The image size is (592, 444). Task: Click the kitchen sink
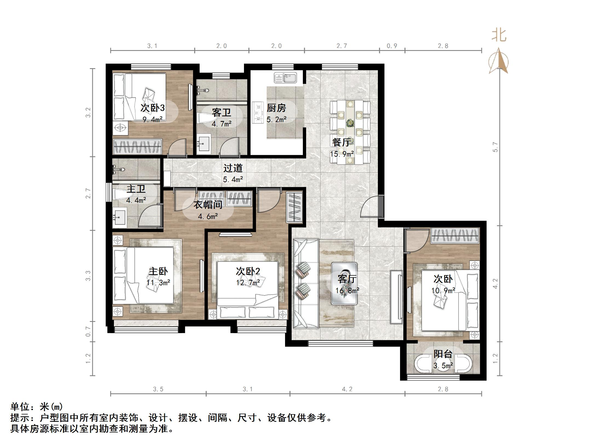tap(285, 78)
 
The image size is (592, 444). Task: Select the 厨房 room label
tap(276, 108)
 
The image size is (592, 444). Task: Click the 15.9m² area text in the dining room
tap(341, 154)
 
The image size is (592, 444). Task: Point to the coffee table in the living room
tap(344, 284)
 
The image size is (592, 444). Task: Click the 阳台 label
tap(443, 354)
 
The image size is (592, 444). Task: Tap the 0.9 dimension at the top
tap(392, 46)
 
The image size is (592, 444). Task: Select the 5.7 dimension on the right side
tap(495, 147)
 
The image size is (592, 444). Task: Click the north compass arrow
tap(499, 62)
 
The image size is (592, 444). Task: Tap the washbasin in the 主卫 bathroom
tap(119, 217)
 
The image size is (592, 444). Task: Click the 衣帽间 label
tap(208, 204)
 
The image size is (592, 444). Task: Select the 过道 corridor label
tap(233, 168)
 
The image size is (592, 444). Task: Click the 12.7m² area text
tap(248, 282)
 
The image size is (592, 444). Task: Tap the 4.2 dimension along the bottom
tap(347, 389)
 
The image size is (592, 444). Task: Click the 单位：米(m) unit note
tap(37, 407)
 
